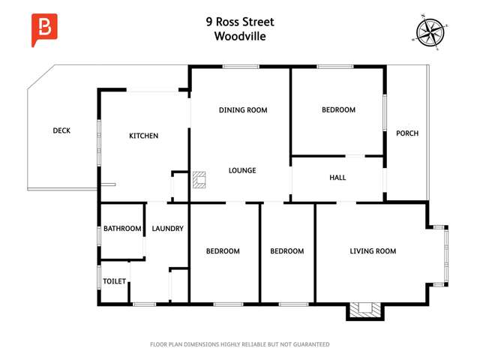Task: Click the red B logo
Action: click(x=44, y=29)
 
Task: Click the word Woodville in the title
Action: click(x=239, y=35)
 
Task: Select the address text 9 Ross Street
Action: click(x=239, y=22)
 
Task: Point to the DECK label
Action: click(x=61, y=130)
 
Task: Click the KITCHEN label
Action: click(x=144, y=136)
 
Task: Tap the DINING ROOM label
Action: click(x=243, y=110)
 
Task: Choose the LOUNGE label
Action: click(x=242, y=170)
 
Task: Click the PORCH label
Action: click(x=407, y=133)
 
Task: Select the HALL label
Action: click(x=337, y=178)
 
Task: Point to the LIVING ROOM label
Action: click(x=373, y=251)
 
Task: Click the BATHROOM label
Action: click(x=122, y=229)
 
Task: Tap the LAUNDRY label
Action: click(x=167, y=229)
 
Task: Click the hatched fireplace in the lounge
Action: click(x=199, y=179)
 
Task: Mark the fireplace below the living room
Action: click(x=365, y=308)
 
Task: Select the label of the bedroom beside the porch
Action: click(x=338, y=110)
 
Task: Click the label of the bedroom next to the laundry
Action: click(x=223, y=251)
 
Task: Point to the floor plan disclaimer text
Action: click(x=240, y=344)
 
